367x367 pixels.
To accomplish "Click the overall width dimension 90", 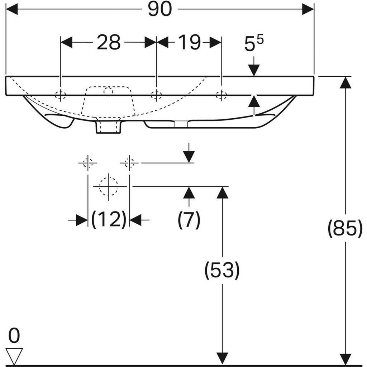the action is (x=160, y=9).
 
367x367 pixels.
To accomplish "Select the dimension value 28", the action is (x=109, y=42).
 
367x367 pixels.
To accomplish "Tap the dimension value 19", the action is (x=189, y=42).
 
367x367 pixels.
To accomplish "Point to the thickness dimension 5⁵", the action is (x=254, y=43).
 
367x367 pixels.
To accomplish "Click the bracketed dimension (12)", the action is (x=109, y=220).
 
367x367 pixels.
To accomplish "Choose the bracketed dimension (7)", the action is (x=189, y=220).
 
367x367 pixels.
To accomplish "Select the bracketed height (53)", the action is (x=222, y=270).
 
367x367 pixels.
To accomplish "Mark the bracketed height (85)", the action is (x=345, y=228).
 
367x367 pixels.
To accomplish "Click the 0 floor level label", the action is (x=14, y=335).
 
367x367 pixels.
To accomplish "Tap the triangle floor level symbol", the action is (x=14, y=356).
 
